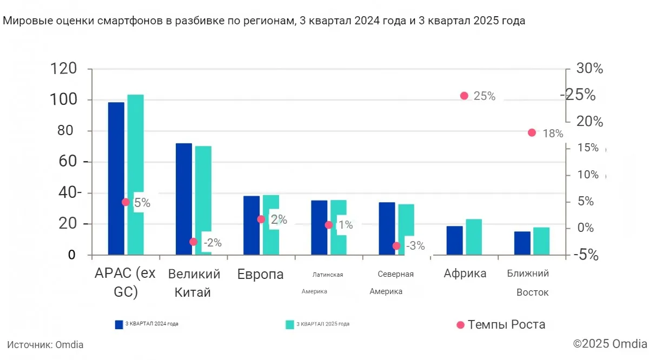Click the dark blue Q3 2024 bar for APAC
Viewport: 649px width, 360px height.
coord(116,178)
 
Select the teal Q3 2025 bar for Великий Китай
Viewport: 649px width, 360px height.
coord(203,200)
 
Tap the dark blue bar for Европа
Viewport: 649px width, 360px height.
coord(251,225)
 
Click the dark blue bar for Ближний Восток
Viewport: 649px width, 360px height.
coord(522,243)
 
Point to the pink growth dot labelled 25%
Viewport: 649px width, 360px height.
coord(464,96)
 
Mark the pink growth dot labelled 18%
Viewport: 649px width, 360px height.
coord(532,132)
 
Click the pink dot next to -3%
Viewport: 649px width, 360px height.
coord(396,245)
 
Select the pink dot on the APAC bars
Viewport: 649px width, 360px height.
coord(125,202)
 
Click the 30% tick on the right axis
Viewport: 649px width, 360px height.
coord(590,69)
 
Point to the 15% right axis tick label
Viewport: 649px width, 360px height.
coord(587,148)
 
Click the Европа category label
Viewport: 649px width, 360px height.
coord(260,275)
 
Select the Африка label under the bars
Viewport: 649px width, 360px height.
coord(465,274)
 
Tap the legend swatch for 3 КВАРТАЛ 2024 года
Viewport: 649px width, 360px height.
coord(119,324)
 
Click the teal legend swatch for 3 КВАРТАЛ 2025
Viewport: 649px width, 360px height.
coord(290,324)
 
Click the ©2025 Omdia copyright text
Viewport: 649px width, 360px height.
coord(610,344)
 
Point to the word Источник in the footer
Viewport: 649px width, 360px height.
coord(29,344)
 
